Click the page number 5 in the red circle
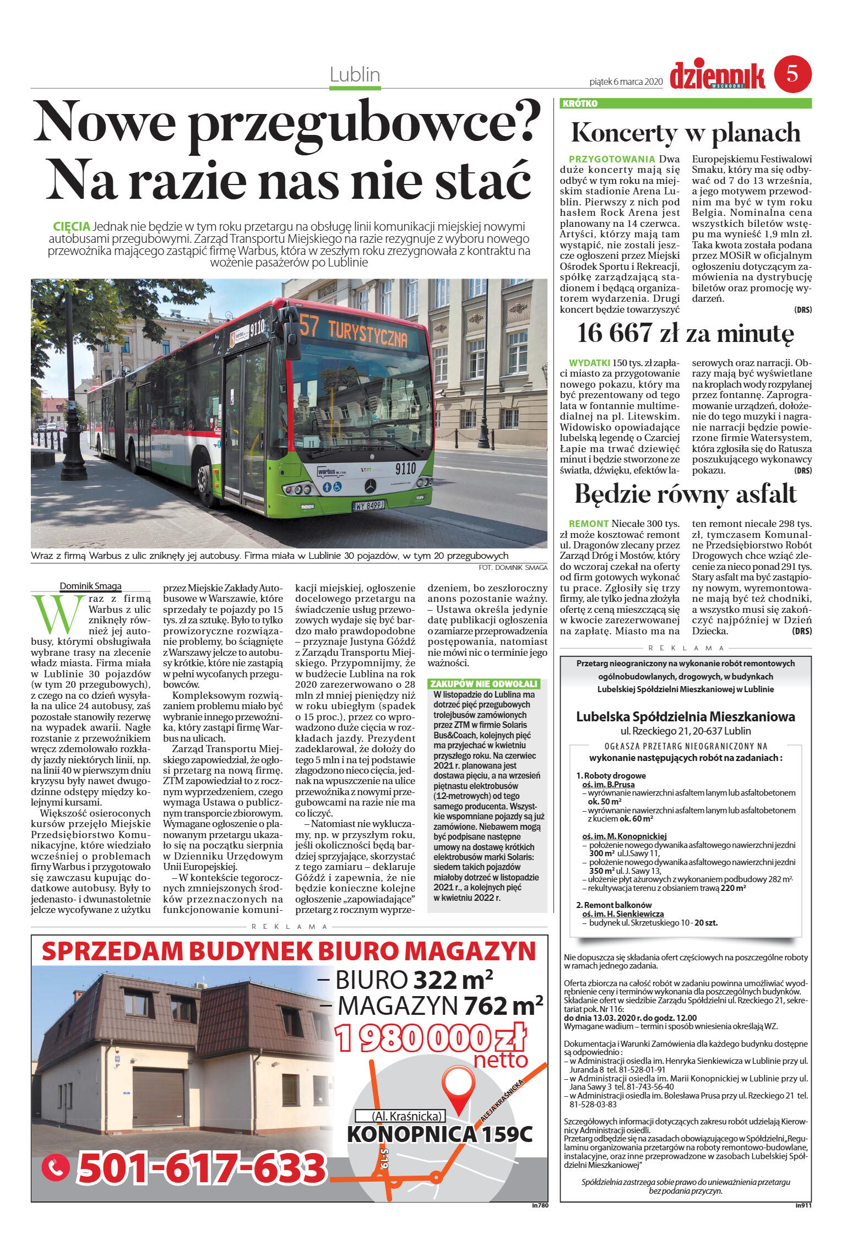[x=792, y=73]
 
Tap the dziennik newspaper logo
[x=717, y=75]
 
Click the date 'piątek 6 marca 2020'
[x=626, y=81]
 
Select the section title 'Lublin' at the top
[x=355, y=74]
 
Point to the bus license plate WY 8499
[x=368, y=504]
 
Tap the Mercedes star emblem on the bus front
[x=370, y=486]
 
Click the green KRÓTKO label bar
[x=685, y=104]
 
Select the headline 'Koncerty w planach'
[x=685, y=133]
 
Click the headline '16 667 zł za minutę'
[x=685, y=333]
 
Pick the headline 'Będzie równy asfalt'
[x=685, y=494]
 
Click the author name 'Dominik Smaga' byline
[x=90, y=586]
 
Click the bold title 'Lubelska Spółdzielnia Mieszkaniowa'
[x=685, y=716]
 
